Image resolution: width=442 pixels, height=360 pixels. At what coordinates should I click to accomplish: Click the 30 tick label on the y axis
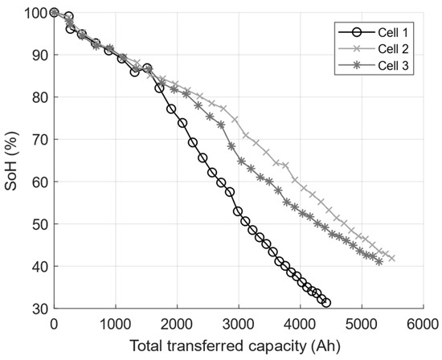(38, 308)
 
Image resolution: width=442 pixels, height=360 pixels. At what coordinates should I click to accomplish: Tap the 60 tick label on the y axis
(38, 182)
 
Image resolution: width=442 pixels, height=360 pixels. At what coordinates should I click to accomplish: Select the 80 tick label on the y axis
(38, 97)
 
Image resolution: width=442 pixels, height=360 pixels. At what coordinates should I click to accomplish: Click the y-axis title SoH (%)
(11, 161)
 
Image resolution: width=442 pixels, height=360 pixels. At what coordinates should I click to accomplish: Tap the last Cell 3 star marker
(379, 261)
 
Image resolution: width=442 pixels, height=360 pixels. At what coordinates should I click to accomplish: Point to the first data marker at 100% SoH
(54, 12)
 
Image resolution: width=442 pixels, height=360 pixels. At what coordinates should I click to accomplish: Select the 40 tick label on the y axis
(38, 266)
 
